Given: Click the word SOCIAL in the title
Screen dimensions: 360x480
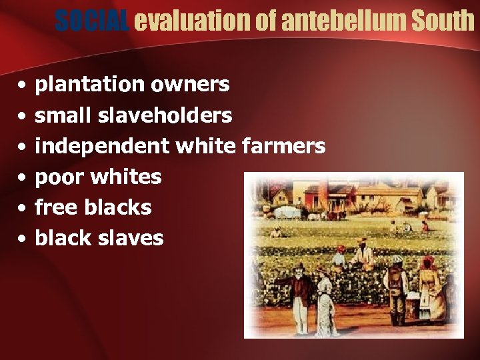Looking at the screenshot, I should point(93,21).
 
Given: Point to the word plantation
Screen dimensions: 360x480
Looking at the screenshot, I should point(89,85).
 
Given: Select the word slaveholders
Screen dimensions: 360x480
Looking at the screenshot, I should point(165,115).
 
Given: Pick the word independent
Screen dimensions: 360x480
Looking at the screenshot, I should point(104,146).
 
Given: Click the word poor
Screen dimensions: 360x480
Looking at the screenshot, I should point(59,177).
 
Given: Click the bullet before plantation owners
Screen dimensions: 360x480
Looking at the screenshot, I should point(23,85).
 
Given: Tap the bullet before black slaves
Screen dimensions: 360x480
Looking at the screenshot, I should point(23,239).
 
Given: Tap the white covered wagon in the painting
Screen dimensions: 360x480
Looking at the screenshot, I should point(287,212).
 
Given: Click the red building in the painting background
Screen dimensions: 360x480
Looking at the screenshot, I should point(320,197).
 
